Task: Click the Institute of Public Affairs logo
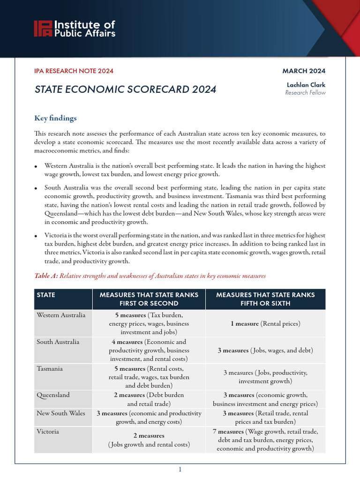(x=74, y=29)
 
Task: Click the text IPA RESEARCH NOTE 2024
(x=74, y=71)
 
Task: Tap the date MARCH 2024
(x=303, y=71)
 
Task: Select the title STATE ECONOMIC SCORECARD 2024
(x=125, y=89)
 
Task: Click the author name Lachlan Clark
(x=306, y=85)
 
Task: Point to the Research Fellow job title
(x=305, y=93)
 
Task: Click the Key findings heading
(x=55, y=118)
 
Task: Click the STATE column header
(x=46, y=295)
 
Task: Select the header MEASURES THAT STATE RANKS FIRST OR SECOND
(x=149, y=299)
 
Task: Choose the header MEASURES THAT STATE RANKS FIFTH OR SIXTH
(x=265, y=299)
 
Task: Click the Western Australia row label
(x=61, y=315)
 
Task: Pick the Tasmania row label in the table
(x=50, y=369)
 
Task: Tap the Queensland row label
(x=53, y=395)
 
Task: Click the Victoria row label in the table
(x=48, y=431)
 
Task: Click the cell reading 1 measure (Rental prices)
(x=265, y=323)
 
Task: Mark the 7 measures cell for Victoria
(x=265, y=440)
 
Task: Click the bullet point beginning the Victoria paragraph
(x=37, y=235)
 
